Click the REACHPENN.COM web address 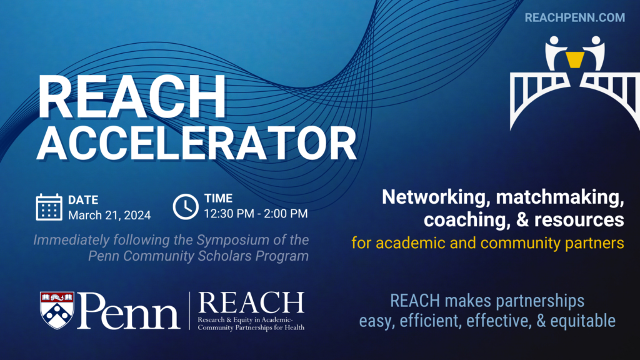coord(575,17)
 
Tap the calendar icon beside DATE coord(49,207)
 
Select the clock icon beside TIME coord(186,207)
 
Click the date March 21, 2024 coord(109,215)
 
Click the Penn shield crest coord(57,309)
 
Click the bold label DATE coord(83,200)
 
